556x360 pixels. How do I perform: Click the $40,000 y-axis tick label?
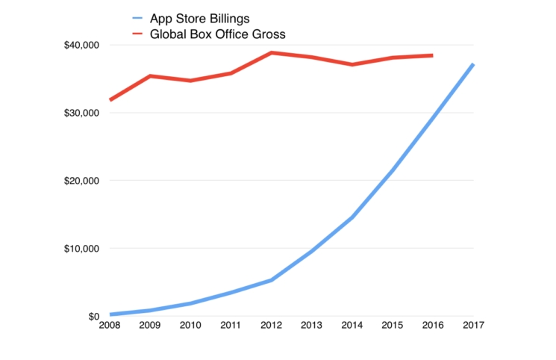[x=82, y=45]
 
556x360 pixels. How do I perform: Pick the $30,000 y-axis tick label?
[x=82, y=113]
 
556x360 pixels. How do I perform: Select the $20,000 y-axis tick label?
[x=82, y=181]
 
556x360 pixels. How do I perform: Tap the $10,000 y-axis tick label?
[x=82, y=249]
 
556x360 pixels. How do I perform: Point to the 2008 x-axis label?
[x=110, y=326]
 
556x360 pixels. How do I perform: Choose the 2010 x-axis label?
[x=190, y=326]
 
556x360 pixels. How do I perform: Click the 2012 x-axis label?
[x=271, y=326]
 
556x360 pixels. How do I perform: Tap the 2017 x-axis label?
[x=472, y=326]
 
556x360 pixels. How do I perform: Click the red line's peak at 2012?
[x=271, y=53]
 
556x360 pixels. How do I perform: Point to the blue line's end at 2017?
[x=472, y=64]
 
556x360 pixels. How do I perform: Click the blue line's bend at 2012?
[x=271, y=280]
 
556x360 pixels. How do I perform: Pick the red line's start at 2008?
[x=110, y=99]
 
